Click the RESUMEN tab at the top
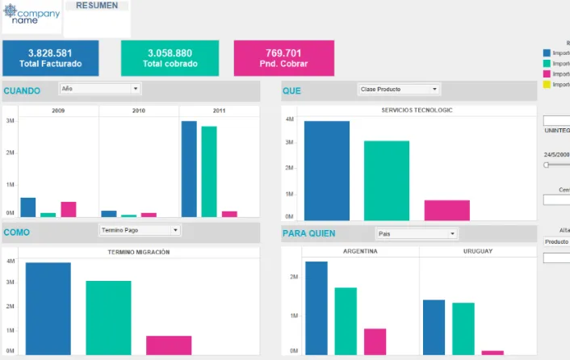coord(97,6)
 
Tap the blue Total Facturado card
coord(51,58)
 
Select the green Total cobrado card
coord(170,58)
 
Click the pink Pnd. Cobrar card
coord(283,58)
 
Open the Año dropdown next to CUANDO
coord(100,89)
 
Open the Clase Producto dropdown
coord(399,90)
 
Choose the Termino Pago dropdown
coord(140,230)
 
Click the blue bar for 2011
coord(189,169)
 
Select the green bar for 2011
coord(209,171)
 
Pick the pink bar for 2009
coord(69,209)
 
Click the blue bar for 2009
coord(28,207)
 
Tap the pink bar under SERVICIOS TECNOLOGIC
coord(446,210)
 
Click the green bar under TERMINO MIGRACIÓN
coord(108,317)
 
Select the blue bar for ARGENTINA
coord(316,308)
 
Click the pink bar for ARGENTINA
coord(375,341)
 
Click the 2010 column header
coord(139,111)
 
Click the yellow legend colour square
coord(547,83)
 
